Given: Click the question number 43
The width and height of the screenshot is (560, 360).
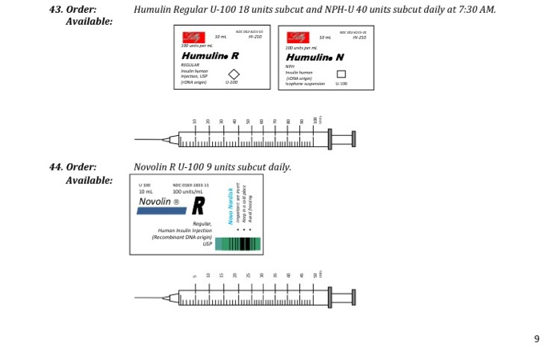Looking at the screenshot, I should click(x=55, y=10).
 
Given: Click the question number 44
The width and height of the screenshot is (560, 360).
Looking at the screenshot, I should click(x=55, y=167).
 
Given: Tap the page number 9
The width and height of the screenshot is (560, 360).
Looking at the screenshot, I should click(x=537, y=338).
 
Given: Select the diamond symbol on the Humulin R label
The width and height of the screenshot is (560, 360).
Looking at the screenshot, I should click(x=234, y=74).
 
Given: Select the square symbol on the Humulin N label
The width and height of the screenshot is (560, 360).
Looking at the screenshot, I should click(x=341, y=74).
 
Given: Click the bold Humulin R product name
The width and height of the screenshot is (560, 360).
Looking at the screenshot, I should click(x=210, y=57).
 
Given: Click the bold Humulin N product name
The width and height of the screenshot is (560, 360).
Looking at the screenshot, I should click(x=315, y=58).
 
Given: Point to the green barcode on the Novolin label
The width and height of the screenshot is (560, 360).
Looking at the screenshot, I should click(x=238, y=244).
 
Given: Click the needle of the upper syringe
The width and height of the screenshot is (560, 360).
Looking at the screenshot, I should click(x=148, y=140).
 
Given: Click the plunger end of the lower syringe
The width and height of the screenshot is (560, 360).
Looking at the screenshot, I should click(x=353, y=298).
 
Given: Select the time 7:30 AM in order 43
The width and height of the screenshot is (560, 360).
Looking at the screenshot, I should click(x=478, y=10).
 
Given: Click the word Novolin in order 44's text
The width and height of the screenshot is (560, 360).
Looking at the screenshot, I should click(x=149, y=167).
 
